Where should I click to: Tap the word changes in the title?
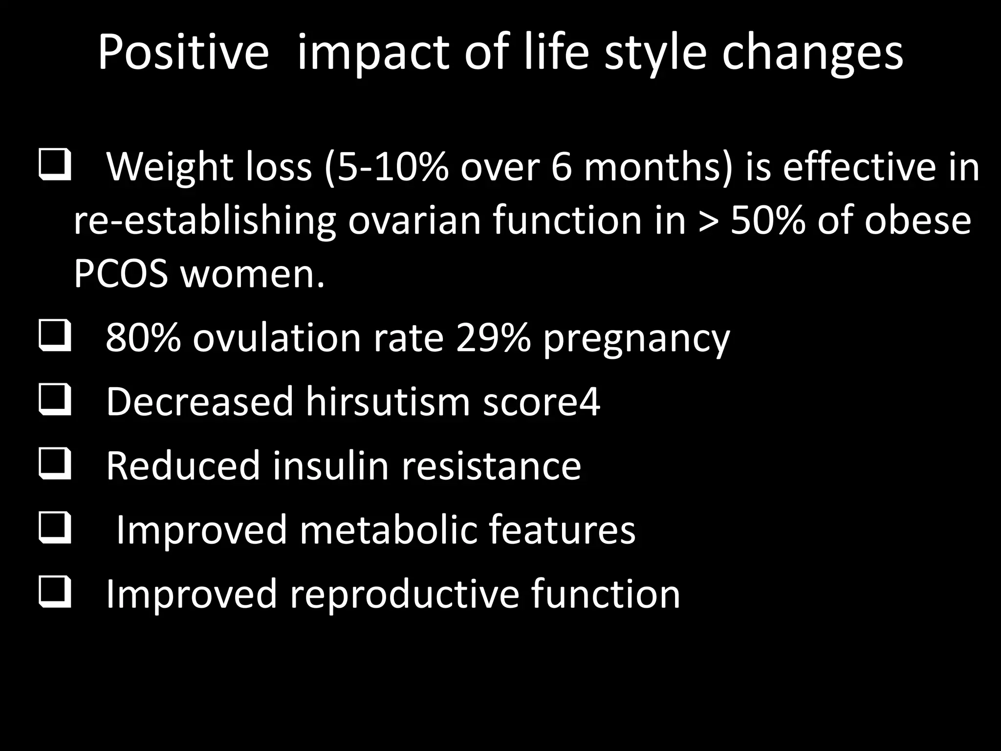coord(812,53)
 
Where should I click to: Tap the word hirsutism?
coord(388,402)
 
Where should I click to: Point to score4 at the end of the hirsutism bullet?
coord(541,402)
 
